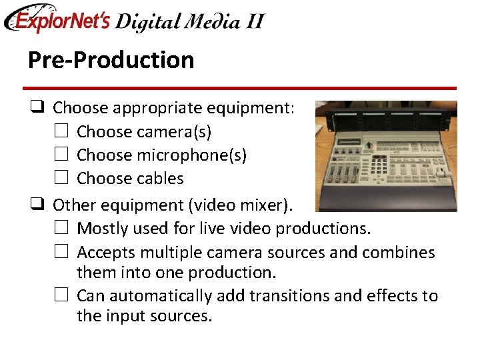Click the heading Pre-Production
pos(111,60)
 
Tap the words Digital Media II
pos(189,21)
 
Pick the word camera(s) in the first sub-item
pos(173,132)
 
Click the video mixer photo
pos(386,156)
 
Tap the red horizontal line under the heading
pos(240,88)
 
